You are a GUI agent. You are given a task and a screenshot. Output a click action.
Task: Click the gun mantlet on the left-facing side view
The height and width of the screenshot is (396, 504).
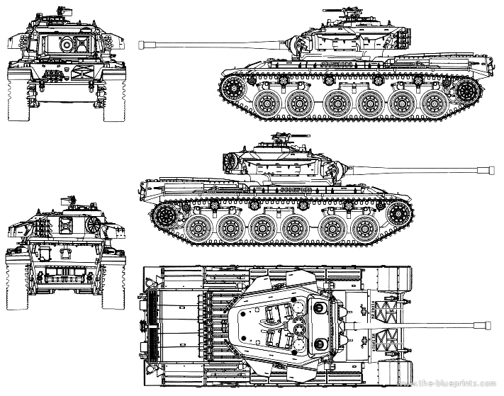point(292,44)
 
